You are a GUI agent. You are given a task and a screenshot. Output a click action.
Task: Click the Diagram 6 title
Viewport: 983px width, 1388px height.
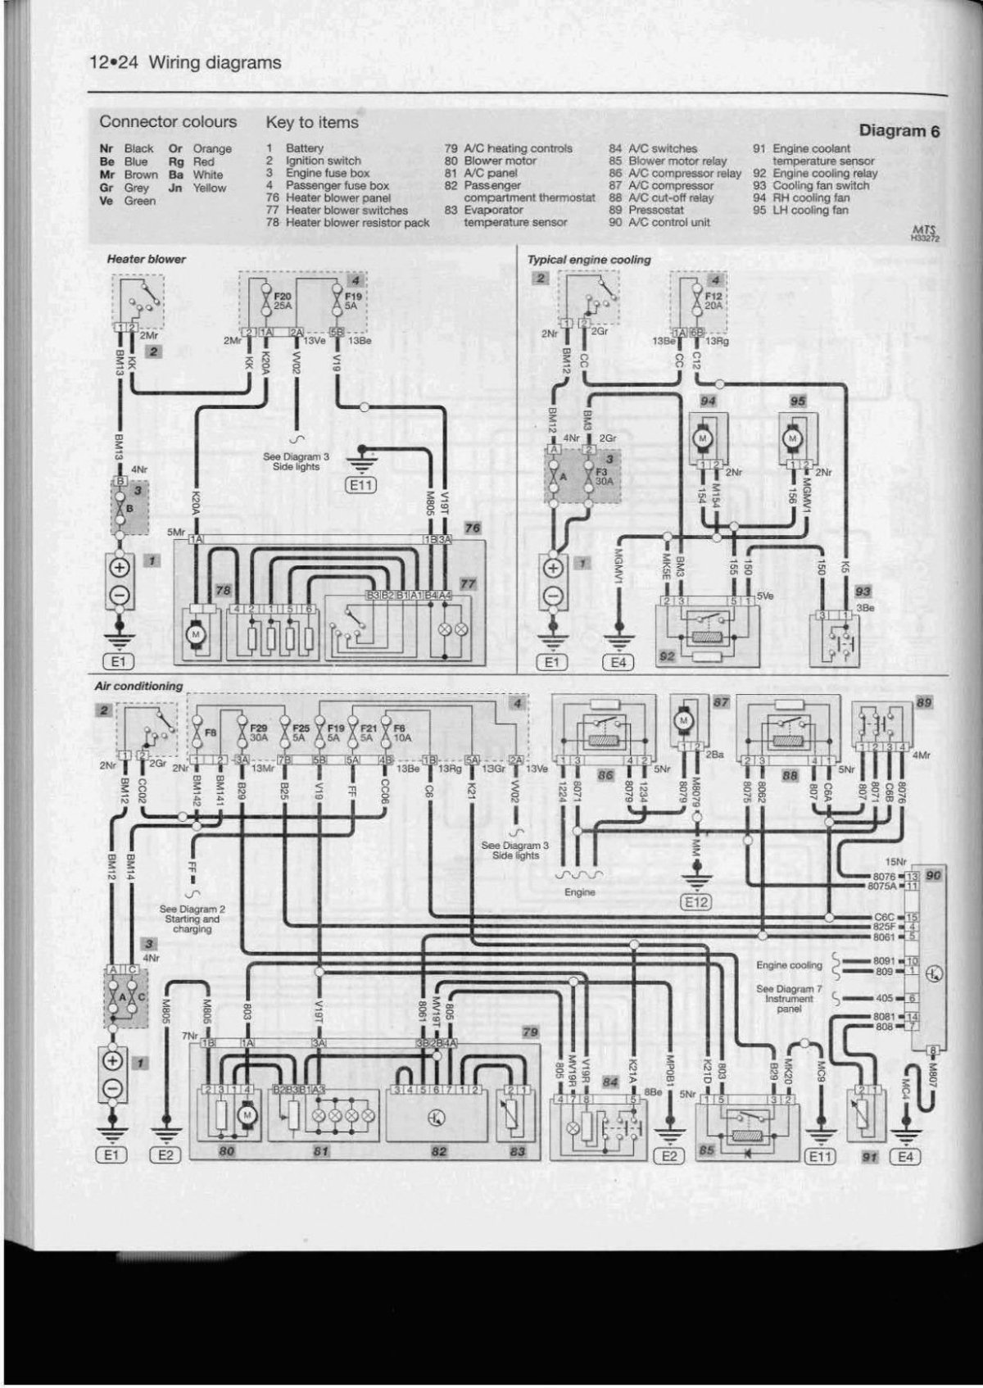899,130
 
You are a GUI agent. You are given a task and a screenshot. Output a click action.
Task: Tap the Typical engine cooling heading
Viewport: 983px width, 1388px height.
589,259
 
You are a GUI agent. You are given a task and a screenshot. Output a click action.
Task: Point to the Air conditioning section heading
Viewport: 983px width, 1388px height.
138,686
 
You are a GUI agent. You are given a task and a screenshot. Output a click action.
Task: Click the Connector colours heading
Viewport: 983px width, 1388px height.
168,122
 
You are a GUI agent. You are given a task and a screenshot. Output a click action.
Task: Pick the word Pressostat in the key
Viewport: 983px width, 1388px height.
656,210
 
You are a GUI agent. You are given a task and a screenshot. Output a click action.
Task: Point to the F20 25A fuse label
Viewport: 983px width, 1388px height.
283,300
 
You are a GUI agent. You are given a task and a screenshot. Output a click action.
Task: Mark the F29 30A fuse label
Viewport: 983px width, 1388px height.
258,732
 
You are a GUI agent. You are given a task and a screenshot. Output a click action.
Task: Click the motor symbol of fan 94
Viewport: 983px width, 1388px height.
701,439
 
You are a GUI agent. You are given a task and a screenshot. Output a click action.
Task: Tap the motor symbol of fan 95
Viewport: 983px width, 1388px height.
792,439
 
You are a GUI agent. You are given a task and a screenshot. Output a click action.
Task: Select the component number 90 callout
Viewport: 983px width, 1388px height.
934,876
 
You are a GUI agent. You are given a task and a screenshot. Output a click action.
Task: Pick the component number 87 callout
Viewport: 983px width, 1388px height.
721,703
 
